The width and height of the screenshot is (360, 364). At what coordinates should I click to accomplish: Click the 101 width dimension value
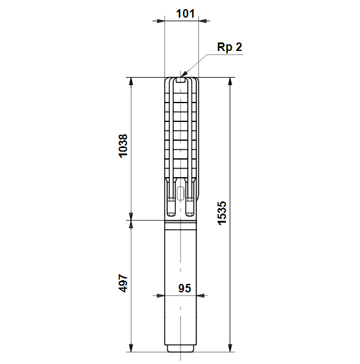click(x=185, y=13)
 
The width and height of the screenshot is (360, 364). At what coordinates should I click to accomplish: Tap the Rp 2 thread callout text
click(x=230, y=47)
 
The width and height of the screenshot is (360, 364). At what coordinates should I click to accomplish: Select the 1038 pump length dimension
click(x=123, y=146)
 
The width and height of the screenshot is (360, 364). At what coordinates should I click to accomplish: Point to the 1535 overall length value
click(x=222, y=213)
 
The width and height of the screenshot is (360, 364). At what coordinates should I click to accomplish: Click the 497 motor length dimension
click(x=123, y=283)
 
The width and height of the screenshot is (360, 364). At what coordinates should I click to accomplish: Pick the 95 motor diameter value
click(x=185, y=288)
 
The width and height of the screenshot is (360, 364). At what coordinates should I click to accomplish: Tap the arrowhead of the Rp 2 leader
click(x=183, y=74)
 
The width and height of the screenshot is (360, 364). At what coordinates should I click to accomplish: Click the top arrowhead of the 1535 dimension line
click(x=230, y=81)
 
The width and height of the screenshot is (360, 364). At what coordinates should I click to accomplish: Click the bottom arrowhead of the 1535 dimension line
click(x=230, y=348)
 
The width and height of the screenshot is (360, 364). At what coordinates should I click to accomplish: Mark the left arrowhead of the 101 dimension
click(x=161, y=21)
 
